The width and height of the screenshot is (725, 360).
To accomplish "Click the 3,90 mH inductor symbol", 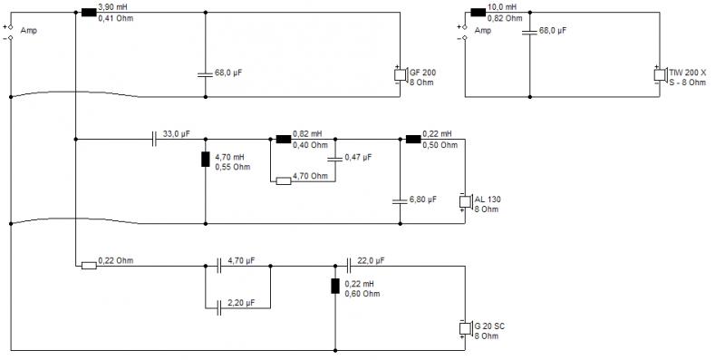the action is pos(89,13).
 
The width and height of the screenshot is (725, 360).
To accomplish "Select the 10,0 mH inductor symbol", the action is pos(478,13).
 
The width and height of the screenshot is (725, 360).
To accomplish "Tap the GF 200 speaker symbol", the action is pos(401,75).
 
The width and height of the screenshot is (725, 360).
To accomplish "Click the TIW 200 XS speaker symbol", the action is pos(660,75).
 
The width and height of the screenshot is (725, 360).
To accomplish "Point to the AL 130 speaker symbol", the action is pos(465,201).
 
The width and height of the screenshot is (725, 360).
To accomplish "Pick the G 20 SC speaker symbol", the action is pos(465,328).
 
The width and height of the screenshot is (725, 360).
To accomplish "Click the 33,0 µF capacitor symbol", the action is pos(154,139).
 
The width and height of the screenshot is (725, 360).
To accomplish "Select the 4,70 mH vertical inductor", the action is pos(206,159).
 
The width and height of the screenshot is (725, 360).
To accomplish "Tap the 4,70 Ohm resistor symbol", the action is pos(284,181).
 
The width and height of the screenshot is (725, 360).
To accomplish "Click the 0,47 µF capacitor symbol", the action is pos(335,159).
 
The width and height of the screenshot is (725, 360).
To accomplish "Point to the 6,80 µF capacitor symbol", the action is pos(400,201).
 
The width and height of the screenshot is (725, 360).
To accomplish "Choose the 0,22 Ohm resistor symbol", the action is pos(89,266).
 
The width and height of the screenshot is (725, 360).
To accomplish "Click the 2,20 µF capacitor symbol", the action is pos(219,308).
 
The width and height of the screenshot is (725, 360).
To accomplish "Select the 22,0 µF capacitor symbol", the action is pos(349,266).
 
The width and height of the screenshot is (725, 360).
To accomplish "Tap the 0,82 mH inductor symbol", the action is pos(284,139).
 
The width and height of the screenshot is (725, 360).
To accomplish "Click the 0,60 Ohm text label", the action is pos(362,294).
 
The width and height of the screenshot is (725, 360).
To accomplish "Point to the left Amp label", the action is pos(29,31).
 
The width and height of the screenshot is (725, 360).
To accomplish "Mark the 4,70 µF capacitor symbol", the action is pos(219,266).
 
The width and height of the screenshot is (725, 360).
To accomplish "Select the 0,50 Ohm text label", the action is pos(440,145).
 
